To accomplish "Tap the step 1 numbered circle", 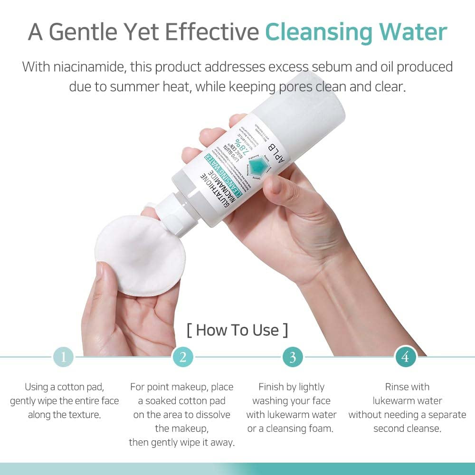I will [63, 357].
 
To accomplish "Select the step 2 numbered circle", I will [183, 357].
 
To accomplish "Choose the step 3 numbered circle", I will [293, 357].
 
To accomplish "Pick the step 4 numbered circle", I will [405, 357].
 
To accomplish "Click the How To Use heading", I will [237, 330].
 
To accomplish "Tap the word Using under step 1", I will [37, 387].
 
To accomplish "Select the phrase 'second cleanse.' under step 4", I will [407, 428].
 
